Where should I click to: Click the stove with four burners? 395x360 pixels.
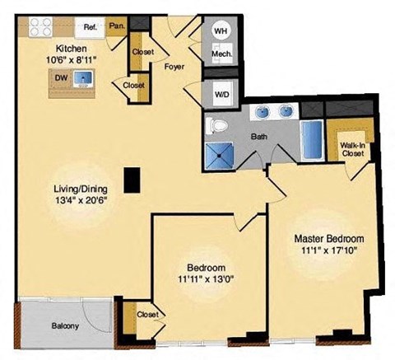click(41, 27)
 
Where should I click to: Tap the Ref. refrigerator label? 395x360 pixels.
click(91, 27)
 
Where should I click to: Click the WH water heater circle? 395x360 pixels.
click(221, 30)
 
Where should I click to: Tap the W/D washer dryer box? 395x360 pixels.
click(221, 93)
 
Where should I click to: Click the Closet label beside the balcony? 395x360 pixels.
click(147, 315)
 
